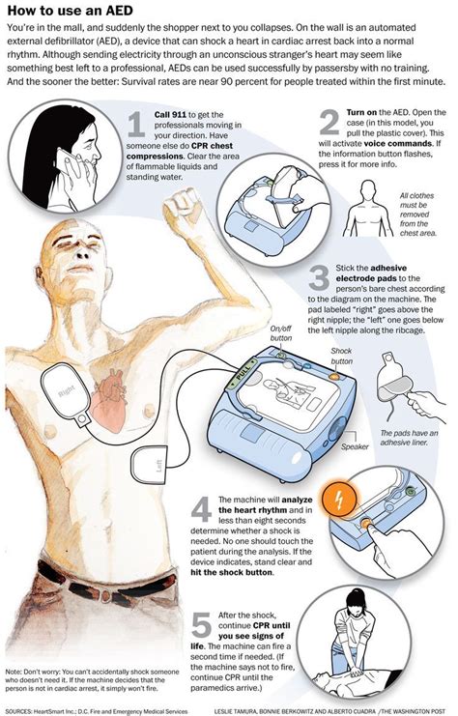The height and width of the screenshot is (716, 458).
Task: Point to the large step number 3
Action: coord(318,280)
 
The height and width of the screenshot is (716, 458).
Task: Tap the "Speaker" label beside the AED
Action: coord(355,446)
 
